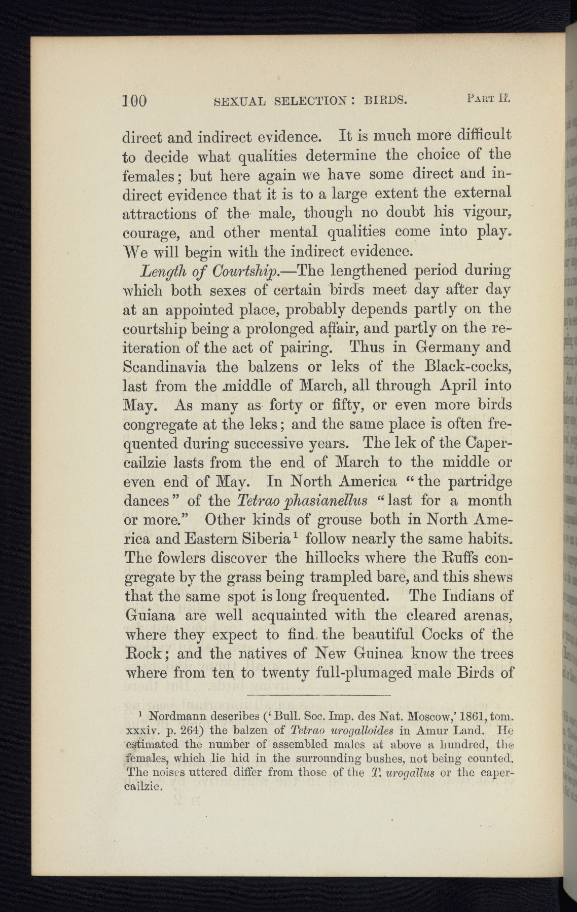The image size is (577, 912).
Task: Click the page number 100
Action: pos(134,100)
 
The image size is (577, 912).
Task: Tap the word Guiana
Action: pos(150,616)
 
